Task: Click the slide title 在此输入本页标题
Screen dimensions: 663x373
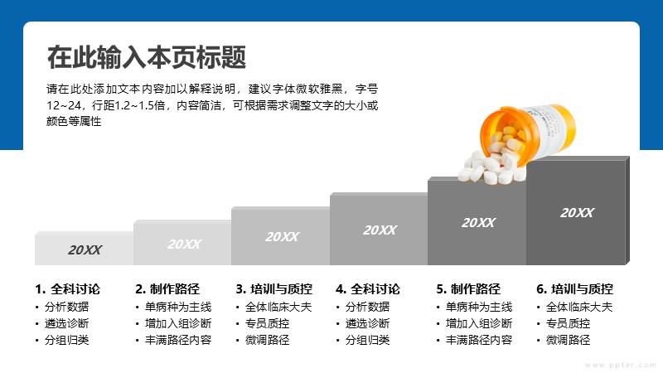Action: point(147,57)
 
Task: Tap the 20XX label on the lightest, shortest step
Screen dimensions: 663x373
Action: point(85,250)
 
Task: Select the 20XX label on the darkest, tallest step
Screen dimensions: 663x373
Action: point(577,213)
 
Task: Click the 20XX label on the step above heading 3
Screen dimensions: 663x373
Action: point(282,237)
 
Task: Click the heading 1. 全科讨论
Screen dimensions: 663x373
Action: point(68,288)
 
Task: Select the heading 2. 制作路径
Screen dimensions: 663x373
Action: point(167,288)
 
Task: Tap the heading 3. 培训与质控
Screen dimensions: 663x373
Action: point(274,288)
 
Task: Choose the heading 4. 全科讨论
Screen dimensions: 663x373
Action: point(368,288)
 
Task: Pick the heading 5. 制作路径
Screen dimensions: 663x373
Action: point(468,288)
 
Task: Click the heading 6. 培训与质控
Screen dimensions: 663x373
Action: point(574,288)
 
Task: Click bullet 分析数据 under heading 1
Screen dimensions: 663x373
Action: point(67,307)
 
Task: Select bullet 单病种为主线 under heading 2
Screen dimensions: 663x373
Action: point(178,307)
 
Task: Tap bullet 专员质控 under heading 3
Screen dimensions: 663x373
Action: point(267,323)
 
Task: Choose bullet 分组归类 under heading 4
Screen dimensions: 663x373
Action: point(367,340)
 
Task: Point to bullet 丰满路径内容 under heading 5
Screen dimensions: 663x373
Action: point(479,340)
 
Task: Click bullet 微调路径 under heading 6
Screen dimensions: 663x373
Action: point(568,340)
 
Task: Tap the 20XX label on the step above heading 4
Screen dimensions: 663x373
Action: point(380,230)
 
